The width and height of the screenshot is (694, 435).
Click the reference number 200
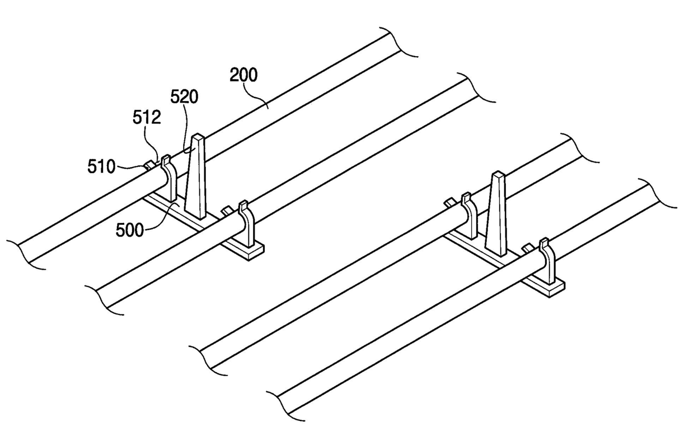click(x=244, y=75)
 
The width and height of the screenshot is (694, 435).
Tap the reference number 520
click(x=185, y=98)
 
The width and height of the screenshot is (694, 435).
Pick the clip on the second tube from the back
click(x=245, y=221)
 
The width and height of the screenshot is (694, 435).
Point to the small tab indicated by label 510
click(x=149, y=165)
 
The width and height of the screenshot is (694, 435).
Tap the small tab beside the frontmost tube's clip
click(x=527, y=247)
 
